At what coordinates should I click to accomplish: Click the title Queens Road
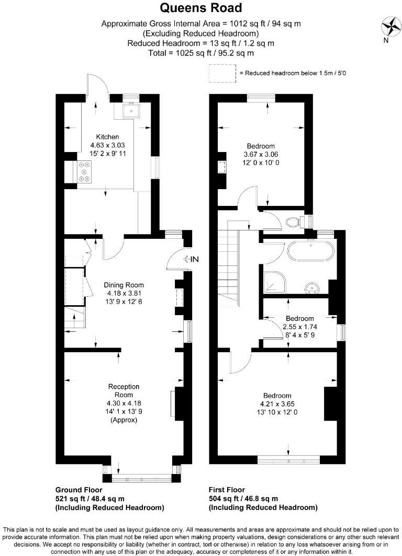click(201, 8)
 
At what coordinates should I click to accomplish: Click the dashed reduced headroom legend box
click(222, 73)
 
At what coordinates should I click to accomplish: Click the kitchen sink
click(129, 111)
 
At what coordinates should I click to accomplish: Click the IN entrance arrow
click(192, 259)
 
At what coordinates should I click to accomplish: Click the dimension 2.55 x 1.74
click(300, 327)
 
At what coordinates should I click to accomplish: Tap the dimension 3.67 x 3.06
click(260, 155)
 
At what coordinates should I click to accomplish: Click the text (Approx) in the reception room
click(124, 419)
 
